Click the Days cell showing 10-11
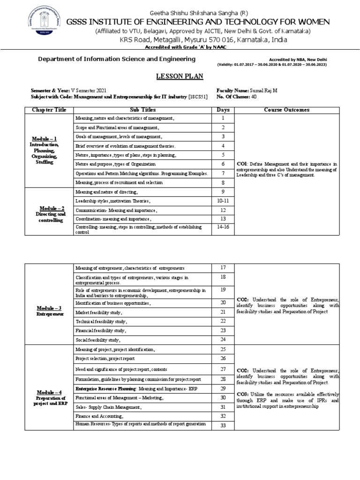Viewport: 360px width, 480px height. point(223,201)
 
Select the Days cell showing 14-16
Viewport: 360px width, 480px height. point(223,227)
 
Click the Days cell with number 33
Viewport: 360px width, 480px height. point(223,426)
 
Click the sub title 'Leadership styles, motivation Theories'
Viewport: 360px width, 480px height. point(113,201)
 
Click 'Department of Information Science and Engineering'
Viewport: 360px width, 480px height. point(116,59)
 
